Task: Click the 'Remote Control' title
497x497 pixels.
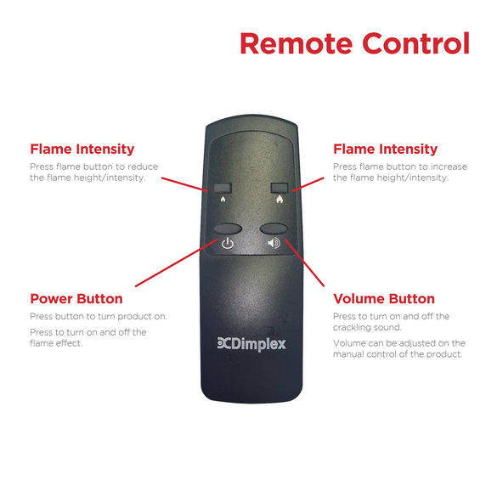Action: pyautogui.click(x=354, y=43)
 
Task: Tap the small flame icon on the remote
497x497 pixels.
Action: pyautogui.click(x=223, y=199)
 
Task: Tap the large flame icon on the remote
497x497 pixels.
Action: pyautogui.click(x=280, y=199)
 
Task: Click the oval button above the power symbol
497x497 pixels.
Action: pyautogui.click(x=228, y=229)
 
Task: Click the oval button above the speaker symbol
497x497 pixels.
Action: pyautogui.click(x=274, y=229)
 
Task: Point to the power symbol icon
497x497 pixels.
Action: pyautogui.click(x=228, y=243)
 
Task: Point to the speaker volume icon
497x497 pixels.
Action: pyautogui.click(x=274, y=243)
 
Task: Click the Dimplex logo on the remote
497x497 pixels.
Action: pyautogui.click(x=251, y=344)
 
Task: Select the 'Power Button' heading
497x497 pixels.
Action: pyautogui.click(x=76, y=298)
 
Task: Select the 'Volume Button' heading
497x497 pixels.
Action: pyautogui.click(x=384, y=298)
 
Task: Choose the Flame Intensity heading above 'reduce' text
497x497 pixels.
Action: pyautogui.click(x=82, y=149)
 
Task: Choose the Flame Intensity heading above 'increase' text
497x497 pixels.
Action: pyautogui.click(x=385, y=149)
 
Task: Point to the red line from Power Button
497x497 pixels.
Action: pyautogui.click(x=177, y=263)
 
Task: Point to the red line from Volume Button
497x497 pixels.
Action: pyautogui.click(x=304, y=263)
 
